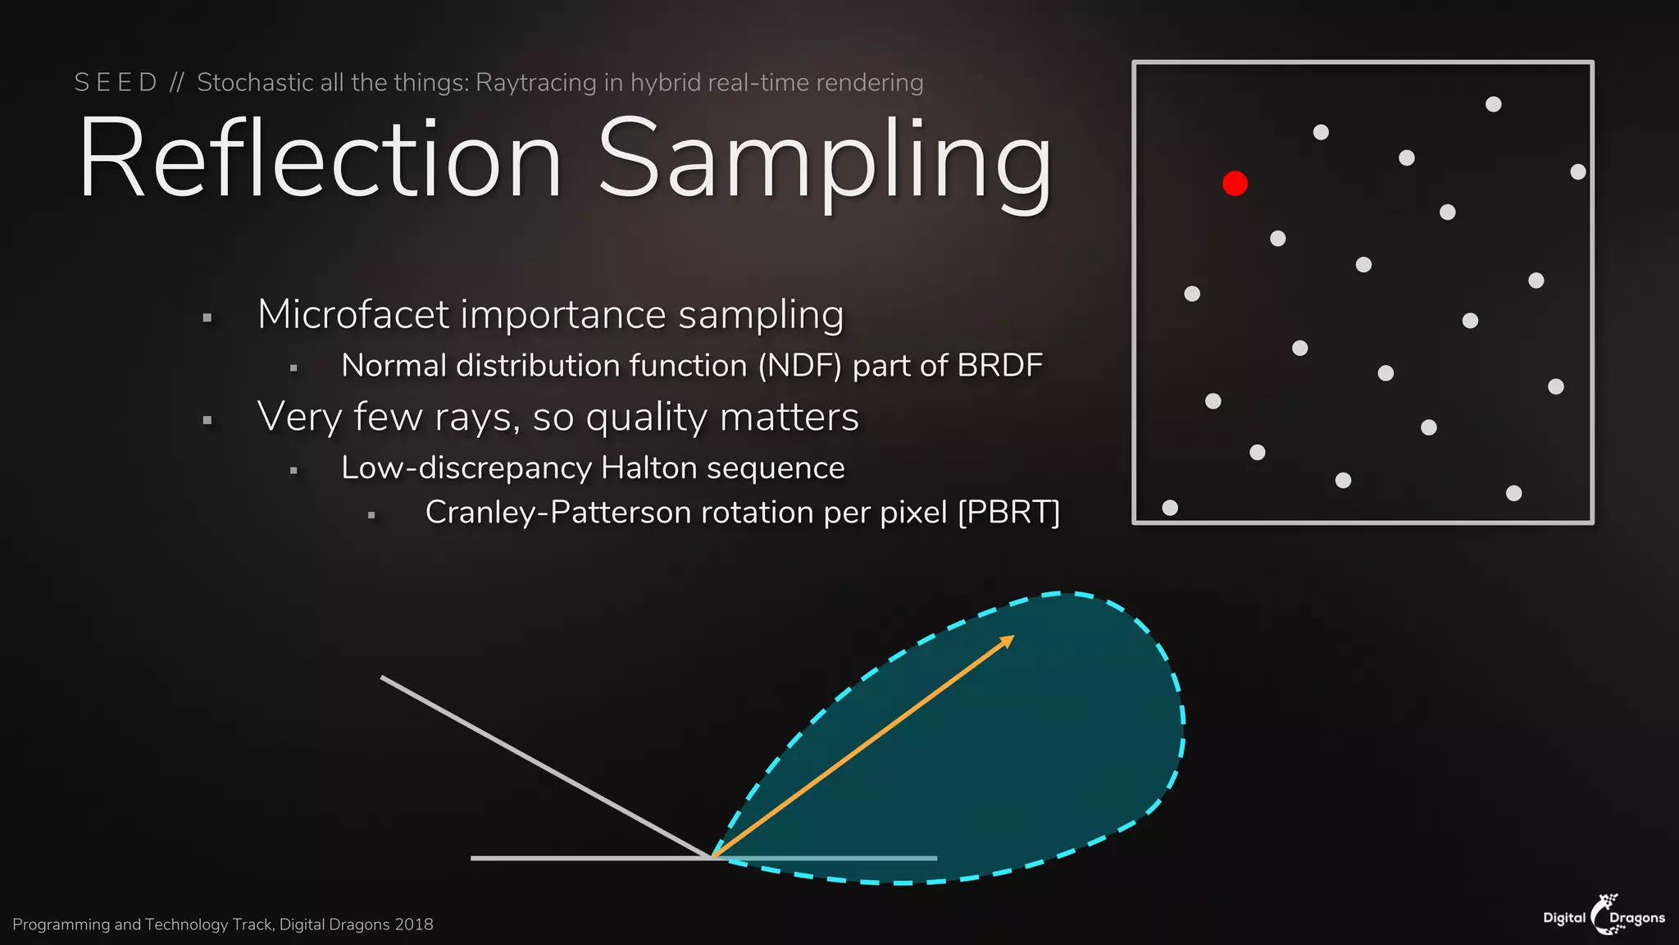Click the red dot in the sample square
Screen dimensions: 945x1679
[1235, 183]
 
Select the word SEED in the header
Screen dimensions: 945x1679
[116, 83]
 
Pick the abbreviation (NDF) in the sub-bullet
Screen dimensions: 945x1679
[799, 366]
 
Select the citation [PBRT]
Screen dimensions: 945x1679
[1008, 513]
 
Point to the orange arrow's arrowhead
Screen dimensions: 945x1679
[1008, 641]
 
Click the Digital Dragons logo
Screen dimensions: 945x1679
[1604, 915]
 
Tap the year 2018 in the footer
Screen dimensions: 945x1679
[413, 924]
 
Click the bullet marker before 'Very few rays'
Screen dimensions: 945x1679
[207, 420]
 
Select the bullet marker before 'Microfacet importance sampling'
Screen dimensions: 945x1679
[207, 317]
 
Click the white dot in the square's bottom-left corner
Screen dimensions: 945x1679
[1170, 508]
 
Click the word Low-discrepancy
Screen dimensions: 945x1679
[466, 468]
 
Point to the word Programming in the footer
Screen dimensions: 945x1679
[61, 924]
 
